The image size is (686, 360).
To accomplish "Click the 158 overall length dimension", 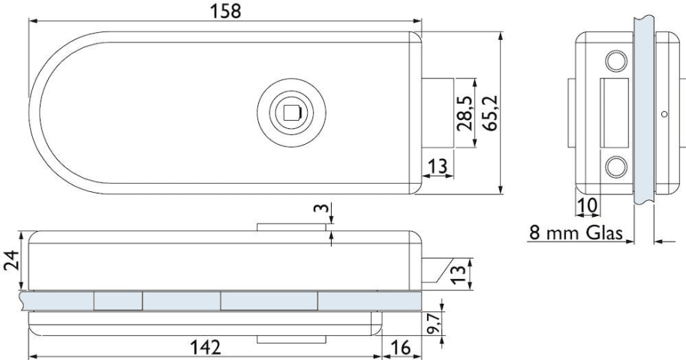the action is pos(226,11).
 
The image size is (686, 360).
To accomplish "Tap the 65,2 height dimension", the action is pos(491,112).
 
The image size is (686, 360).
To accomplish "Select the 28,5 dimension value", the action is pos(465,113).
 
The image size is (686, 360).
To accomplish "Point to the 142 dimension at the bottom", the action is pos(206,348).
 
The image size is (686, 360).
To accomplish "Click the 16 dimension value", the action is pos(400,348).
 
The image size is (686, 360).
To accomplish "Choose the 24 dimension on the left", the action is pos(11,260).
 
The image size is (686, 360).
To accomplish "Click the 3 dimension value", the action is pos(320,207).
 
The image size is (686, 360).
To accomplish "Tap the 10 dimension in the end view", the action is pos(588,205).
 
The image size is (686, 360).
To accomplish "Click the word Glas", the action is pos(604,232).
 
